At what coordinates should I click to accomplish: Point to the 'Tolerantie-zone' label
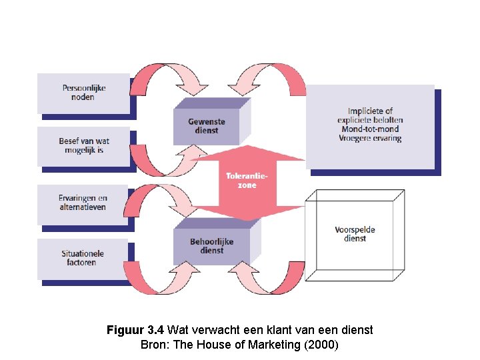click(247, 180)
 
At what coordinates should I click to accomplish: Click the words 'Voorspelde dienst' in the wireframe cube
click(355, 234)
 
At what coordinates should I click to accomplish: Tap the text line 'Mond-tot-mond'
click(370, 129)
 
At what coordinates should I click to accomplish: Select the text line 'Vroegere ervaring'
click(370, 138)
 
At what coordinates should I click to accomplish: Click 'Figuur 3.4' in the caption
click(135, 330)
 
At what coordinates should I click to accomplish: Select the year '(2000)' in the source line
click(321, 345)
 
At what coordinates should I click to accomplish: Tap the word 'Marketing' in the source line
click(274, 345)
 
